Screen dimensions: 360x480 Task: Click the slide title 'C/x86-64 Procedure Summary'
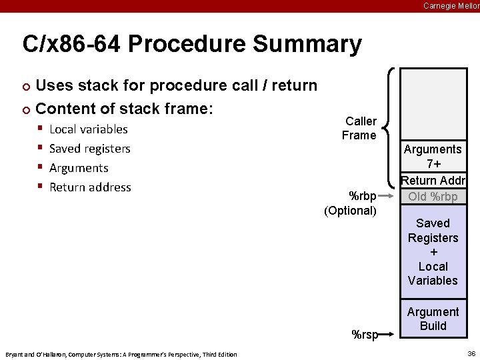(192, 45)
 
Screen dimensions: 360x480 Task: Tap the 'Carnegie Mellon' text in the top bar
(451, 5)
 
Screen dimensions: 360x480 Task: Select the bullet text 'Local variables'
(89, 129)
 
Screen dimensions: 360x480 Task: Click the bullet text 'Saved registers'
(90, 149)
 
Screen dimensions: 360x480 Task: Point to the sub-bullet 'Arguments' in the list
(79, 168)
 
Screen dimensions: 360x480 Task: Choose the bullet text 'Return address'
(90, 187)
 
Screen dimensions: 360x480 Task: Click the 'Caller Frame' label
(360, 128)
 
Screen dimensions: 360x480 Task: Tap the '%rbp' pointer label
(363, 196)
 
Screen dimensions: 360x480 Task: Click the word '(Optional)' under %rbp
(351, 211)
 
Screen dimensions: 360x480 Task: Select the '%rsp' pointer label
(365, 335)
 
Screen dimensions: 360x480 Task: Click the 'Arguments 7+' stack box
(433, 157)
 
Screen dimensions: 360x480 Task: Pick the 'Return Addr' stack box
(433, 181)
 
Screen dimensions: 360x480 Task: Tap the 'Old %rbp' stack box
(433, 197)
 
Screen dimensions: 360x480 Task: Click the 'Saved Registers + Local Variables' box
(433, 252)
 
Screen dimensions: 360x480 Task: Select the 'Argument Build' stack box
(433, 319)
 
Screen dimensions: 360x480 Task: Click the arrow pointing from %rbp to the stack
(389, 197)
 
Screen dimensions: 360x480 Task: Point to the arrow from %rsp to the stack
(388, 334)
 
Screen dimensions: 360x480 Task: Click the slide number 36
(471, 354)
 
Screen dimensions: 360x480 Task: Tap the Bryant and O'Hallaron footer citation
(121, 354)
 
